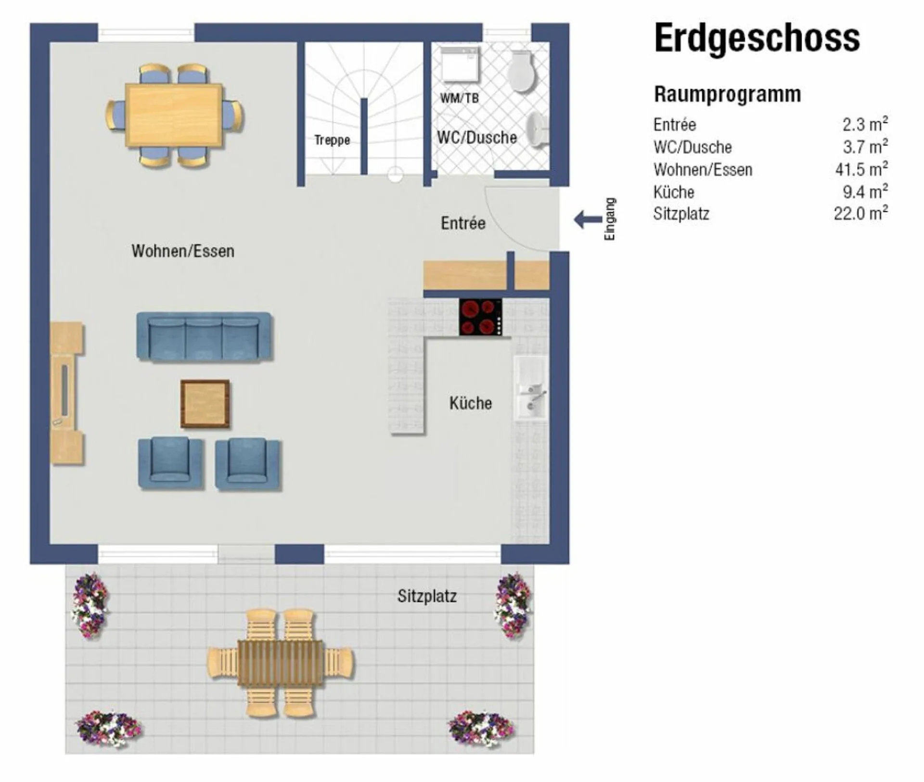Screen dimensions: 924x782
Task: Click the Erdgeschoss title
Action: (x=757, y=38)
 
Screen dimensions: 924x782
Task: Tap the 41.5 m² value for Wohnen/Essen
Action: (x=861, y=169)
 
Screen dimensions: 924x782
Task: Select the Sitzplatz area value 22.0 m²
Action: (x=861, y=213)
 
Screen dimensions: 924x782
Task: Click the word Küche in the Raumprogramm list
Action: (x=674, y=192)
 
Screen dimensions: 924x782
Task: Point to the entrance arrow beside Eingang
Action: (x=588, y=219)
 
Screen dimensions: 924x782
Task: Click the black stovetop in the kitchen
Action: (x=480, y=317)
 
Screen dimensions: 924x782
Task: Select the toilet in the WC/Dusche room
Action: (x=521, y=71)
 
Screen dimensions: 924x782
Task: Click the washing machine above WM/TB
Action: (x=461, y=64)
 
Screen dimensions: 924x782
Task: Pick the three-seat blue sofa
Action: (x=204, y=336)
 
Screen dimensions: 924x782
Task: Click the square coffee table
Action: (x=205, y=404)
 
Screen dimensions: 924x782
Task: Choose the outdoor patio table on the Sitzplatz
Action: (x=281, y=662)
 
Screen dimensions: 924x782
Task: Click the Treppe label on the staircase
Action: (x=332, y=140)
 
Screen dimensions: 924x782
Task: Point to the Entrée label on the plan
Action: (x=463, y=223)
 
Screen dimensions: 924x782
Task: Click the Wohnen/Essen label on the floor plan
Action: (x=183, y=251)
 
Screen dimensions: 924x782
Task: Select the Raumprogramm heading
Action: (x=727, y=94)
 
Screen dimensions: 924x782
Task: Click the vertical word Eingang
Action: (x=610, y=219)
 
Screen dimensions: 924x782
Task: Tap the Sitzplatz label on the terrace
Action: (x=427, y=596)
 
